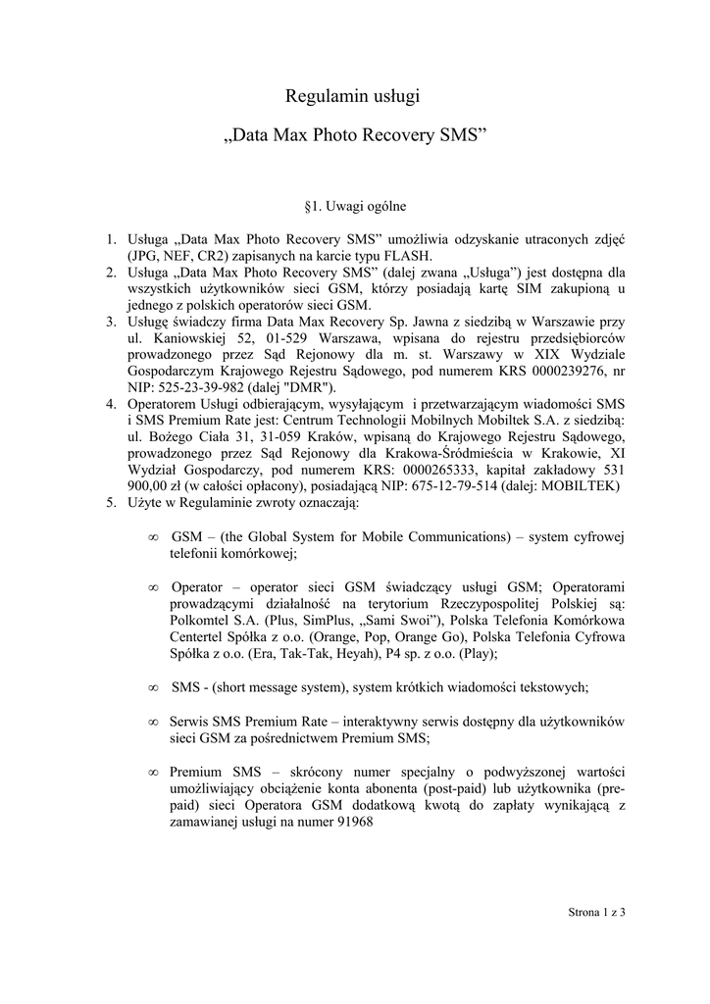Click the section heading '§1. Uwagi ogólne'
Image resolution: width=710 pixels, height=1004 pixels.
(355, 208)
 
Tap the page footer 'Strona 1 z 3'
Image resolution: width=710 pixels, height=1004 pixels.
(597, 913)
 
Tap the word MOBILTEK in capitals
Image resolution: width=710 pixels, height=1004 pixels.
(583, 487)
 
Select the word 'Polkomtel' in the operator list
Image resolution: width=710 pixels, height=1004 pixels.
(201, 621)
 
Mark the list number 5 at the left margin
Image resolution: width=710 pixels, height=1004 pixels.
(111, 504)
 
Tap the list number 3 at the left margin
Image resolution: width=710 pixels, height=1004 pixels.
(111, 321)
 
